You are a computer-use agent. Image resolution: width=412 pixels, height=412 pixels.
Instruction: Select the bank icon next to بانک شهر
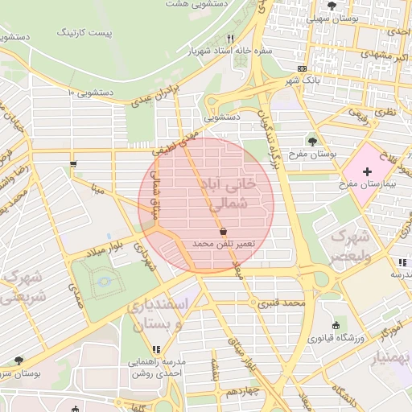(301, 69)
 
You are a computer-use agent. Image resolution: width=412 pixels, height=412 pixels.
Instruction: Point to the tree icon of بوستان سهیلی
(332, 6)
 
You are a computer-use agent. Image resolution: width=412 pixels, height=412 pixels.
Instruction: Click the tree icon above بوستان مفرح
(312, 141)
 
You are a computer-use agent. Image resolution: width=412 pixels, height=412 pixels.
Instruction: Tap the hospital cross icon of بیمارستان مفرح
(367, 172)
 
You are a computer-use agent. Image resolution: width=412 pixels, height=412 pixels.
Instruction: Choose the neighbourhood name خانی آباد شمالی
(231, 194)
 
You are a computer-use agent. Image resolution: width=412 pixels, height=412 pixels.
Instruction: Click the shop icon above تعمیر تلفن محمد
(223, 230)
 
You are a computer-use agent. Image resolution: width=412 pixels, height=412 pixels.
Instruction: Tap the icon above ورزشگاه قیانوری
(336, 325)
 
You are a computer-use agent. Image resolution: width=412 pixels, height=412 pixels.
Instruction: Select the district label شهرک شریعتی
(22, 286)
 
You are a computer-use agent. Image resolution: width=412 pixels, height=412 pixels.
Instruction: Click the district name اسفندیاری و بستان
(162, 315)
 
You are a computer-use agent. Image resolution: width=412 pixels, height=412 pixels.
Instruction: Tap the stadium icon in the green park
(104, 281)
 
